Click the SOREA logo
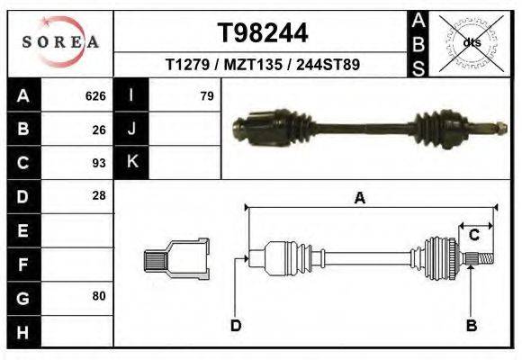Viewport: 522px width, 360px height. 60,42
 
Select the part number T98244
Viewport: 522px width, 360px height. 263,33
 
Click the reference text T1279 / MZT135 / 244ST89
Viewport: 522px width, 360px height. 263,66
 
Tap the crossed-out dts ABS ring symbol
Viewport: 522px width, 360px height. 470,41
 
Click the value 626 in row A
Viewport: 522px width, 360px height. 95,95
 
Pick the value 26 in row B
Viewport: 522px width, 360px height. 99,129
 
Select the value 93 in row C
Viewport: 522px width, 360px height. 99,163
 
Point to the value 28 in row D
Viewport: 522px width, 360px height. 99,195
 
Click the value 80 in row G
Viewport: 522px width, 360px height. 99,295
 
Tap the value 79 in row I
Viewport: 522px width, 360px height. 206,95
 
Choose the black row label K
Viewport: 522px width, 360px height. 131,162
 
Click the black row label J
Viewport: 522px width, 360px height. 131,129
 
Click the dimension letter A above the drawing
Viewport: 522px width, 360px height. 360,199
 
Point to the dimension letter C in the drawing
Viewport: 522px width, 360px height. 473,235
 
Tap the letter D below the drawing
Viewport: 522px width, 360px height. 236,325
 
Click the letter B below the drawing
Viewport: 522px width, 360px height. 470,325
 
